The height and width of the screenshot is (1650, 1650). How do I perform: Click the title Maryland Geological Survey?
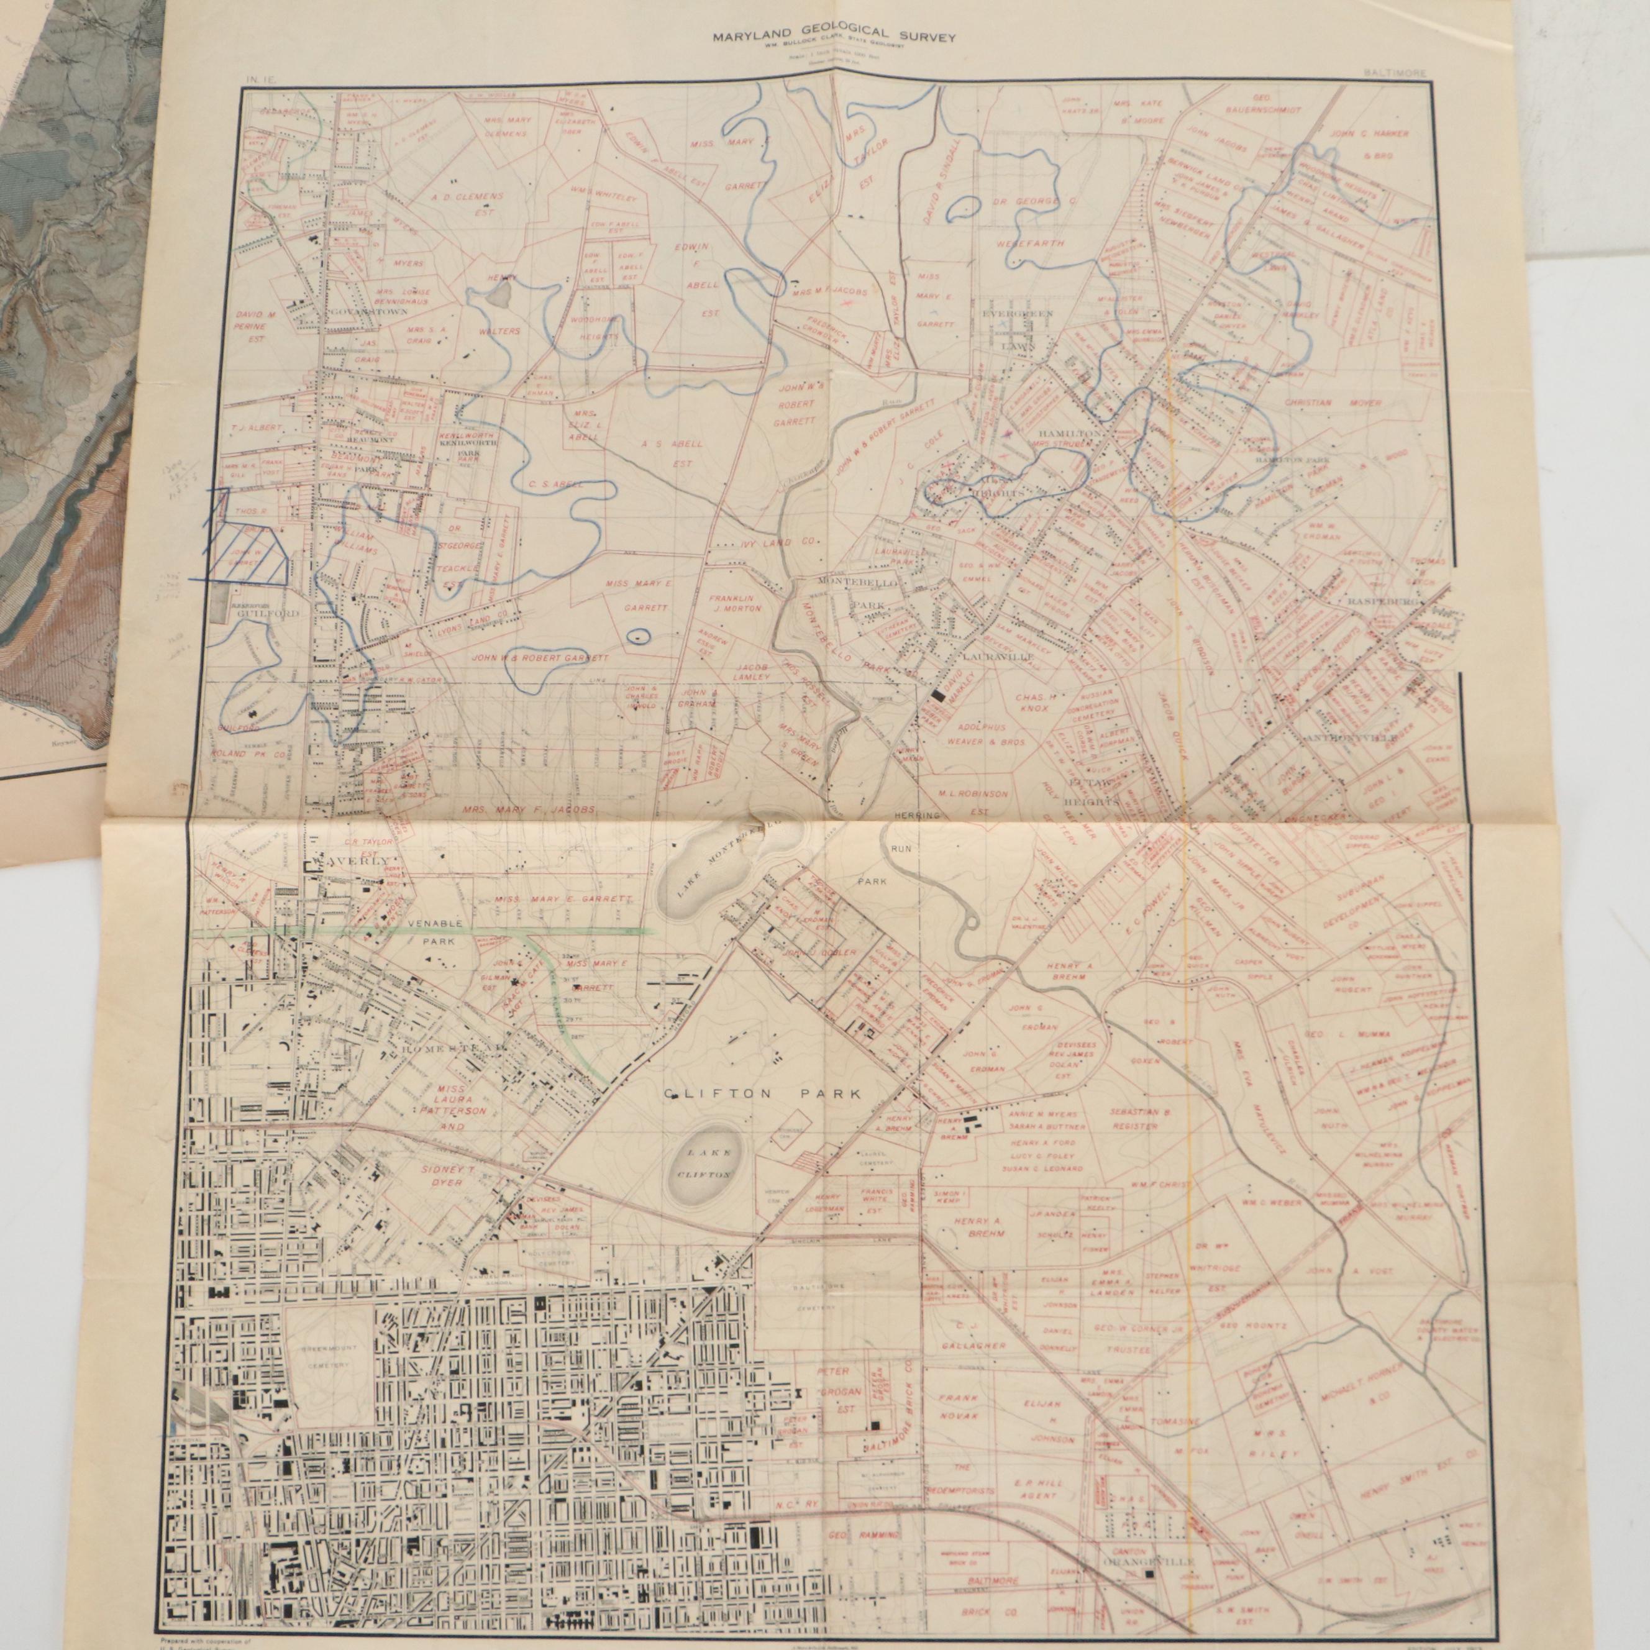(x=835, y=37)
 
